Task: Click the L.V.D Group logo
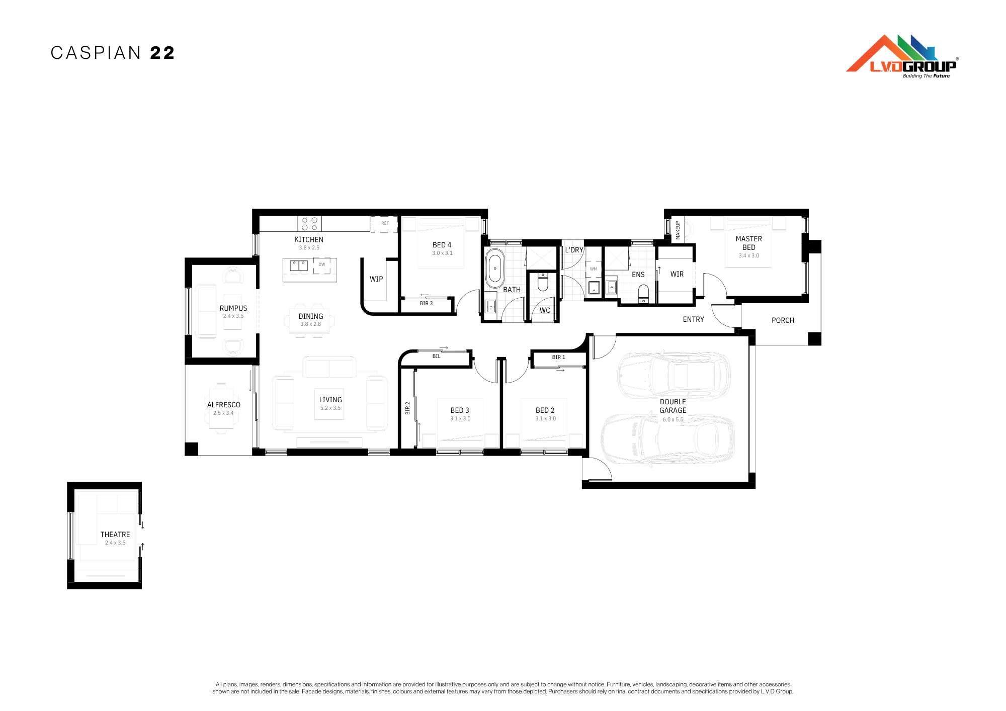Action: point(902,56)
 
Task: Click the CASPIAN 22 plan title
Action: point(113,53)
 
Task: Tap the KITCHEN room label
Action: point(309,240)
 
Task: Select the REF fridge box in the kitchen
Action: point(384,224)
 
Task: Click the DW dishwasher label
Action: point(322,264)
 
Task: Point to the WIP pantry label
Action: point(376,279)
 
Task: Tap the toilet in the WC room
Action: point(543,283)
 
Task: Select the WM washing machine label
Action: point(594,269)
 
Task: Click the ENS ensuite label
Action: point(638,275)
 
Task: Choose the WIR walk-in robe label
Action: point(677,274)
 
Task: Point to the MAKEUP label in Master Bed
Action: point(678,230)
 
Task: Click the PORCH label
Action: point(783,320)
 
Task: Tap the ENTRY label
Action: point(693,319)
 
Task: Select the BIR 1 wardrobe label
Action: point(558,358)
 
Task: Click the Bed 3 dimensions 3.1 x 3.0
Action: point(460,419)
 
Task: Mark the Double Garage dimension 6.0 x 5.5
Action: point(673,420)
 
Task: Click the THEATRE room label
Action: point(115,535)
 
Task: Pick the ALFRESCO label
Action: point(224,405)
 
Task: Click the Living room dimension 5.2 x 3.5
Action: point(330,408)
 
